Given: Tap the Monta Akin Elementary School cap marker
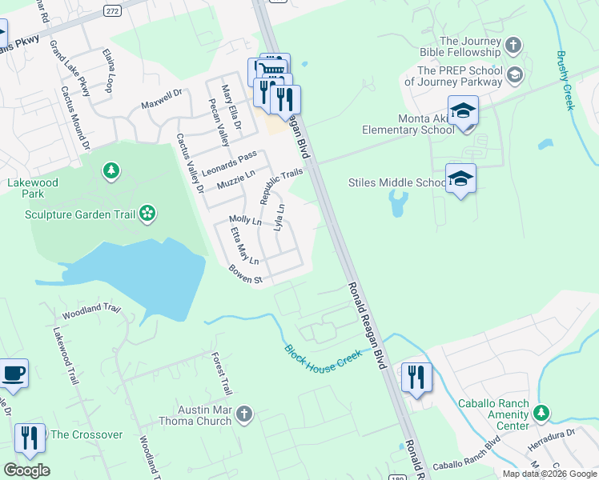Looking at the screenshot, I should [x=463, y=111].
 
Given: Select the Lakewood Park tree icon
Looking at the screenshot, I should [x=111, y=170].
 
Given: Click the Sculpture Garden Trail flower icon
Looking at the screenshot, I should [x=147, y=213].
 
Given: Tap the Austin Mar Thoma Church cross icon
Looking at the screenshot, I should [x=244, y=414].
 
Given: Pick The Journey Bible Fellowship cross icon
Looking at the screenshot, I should [x=513, y=46].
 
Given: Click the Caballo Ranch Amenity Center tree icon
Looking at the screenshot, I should [x=542, y=413].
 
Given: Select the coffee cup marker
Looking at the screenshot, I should [x=13, y=373].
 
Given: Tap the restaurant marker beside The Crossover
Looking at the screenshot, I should [x=30, y=437].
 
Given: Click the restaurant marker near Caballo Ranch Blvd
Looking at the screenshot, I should [x=416, y=376].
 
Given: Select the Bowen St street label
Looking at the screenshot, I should [x=247, y=274].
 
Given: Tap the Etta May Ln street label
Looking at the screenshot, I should [x=244, y=246].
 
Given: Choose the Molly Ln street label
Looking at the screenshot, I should [x=245, y=220].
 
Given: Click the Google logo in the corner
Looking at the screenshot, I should [x=26, y=470].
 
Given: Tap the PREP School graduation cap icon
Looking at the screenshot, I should [x=515, y=75].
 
